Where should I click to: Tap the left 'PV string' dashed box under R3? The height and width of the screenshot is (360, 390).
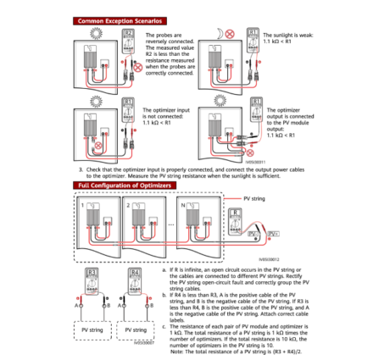point(93,328)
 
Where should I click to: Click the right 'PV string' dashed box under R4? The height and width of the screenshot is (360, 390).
point(142,328)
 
